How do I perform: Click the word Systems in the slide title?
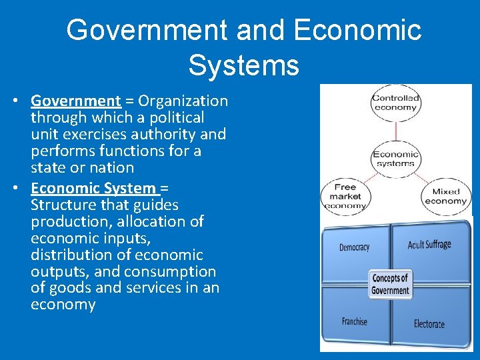coord(243,65)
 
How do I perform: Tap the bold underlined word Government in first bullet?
coord(76,101)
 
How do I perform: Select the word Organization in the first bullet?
coord(183,101)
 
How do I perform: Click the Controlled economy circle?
coord(395,103)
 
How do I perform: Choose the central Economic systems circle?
coord(395,159)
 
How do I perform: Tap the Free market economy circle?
coord(345,196)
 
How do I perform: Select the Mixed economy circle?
coord(445,196)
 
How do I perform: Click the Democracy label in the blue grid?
coord(354,247)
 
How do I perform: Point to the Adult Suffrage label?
coord(429,245)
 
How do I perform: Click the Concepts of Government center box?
coord(391,284)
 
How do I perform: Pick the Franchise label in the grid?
coord(354,321)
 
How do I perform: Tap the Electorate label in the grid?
coord(429,324)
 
